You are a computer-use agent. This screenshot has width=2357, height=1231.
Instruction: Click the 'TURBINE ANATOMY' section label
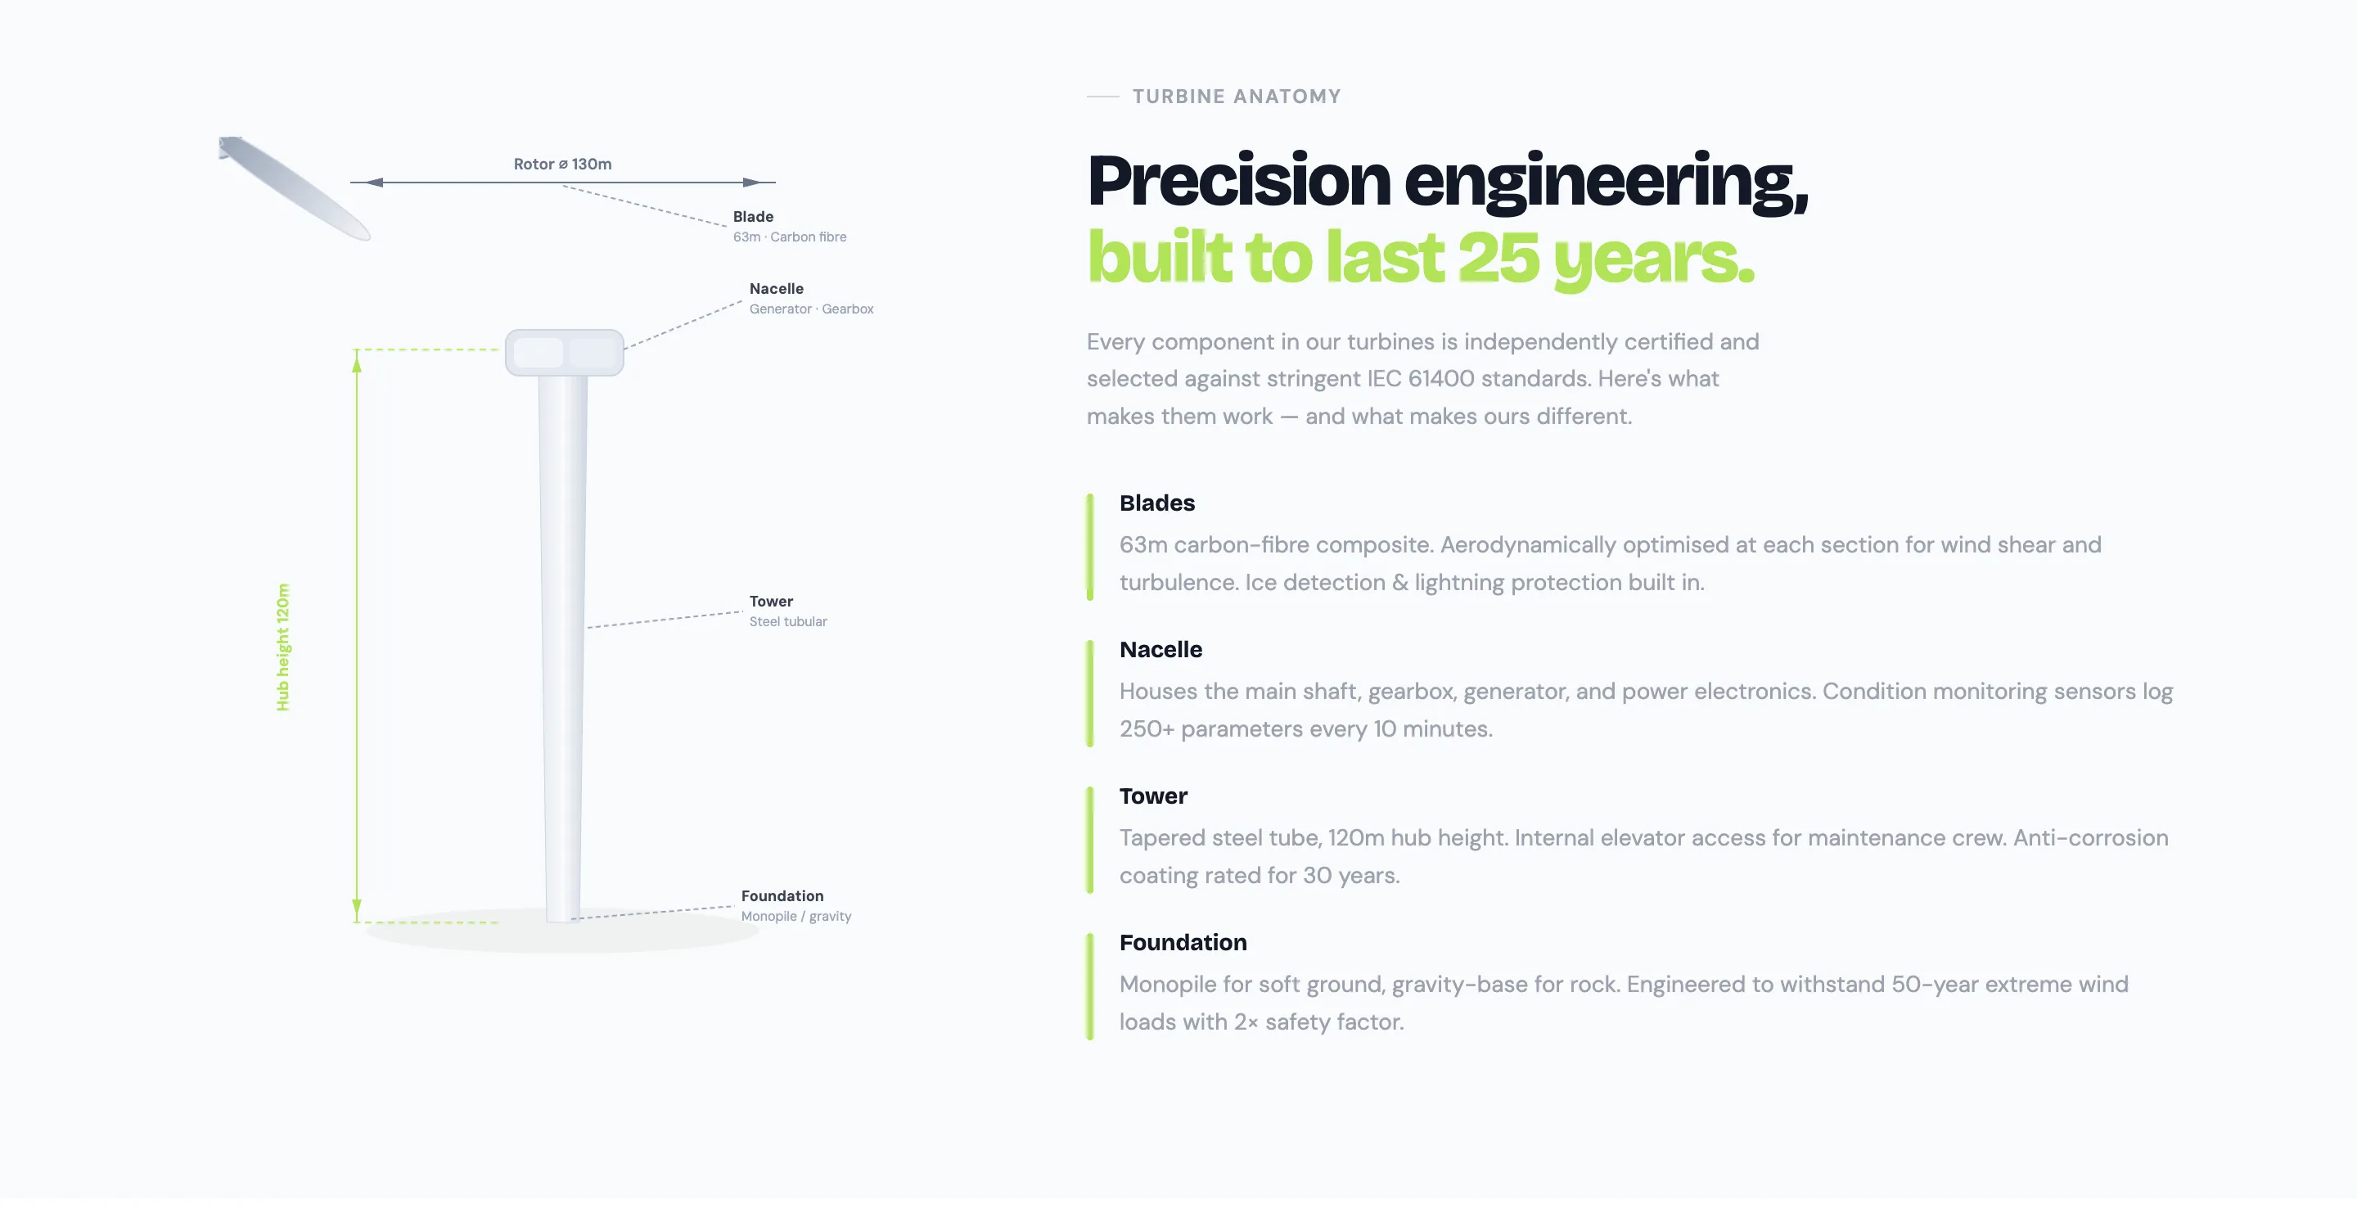(1236, 96)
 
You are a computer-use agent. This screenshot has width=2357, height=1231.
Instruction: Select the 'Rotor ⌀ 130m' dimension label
(563, 164)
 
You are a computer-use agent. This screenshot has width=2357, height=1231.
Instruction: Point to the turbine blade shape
(295, 187)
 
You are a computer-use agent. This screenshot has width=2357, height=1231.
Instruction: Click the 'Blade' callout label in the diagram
(753, 217)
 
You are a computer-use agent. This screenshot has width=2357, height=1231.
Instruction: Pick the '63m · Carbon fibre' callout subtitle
(790, 237)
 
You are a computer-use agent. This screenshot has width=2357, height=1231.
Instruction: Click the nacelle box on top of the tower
(565, 353)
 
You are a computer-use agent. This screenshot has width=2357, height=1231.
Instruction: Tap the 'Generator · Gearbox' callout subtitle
(812, 309)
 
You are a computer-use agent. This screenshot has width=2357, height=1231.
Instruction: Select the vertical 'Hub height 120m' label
(282, 647)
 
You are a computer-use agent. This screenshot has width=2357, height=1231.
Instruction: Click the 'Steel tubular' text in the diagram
(788, 621)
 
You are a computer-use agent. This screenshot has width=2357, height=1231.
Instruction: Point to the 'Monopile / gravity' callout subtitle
(796, 916)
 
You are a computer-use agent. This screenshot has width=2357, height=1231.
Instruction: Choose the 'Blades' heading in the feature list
(1157, 503)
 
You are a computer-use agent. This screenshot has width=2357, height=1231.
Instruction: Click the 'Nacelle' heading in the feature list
(1161, 649)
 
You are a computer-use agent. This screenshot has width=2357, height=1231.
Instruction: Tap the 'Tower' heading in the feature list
(1154, 796)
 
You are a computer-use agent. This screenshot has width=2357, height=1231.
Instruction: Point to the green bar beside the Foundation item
(1090, 986)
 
